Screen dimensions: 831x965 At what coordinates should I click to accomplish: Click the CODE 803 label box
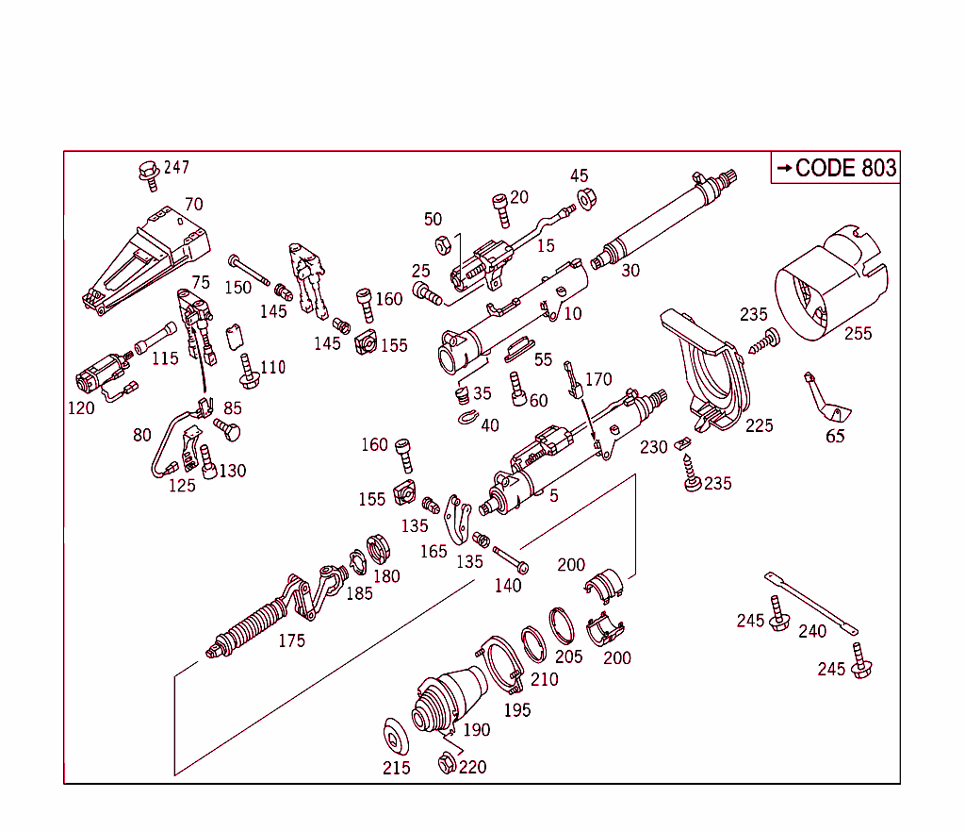(835, 168)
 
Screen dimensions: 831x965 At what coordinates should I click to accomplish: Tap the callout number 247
(176, 167)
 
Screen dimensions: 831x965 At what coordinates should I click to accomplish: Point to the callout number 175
(291, 640)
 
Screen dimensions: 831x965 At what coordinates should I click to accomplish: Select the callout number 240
(812, 631)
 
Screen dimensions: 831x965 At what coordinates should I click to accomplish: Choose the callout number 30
(630, 270)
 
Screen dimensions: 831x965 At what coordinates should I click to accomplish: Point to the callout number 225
(759, 425)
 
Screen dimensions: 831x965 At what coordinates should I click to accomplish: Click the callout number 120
(81, 407)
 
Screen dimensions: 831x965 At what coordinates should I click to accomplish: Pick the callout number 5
(554, 495)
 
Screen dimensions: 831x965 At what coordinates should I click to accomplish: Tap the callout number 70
(193, 204)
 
